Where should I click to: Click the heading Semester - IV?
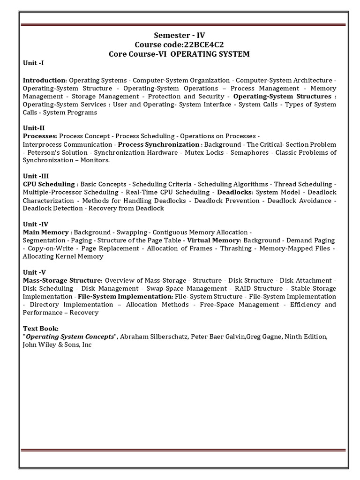point(180,35)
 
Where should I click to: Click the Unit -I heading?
point(33,63)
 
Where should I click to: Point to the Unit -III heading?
point(36,176)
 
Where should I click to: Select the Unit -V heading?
point(35,272)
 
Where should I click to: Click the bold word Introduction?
point(44,80)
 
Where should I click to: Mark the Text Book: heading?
point(41,328)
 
